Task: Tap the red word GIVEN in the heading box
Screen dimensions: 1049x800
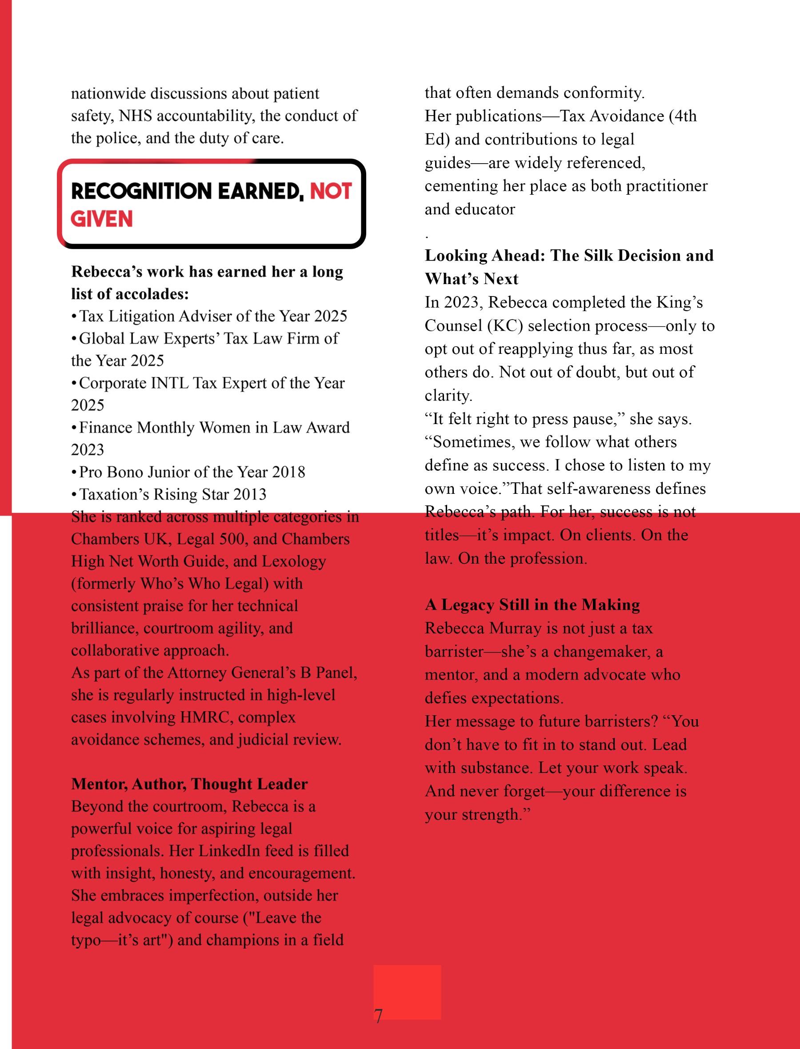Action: click(101, 219)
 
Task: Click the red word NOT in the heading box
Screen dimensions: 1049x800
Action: click(331, 191)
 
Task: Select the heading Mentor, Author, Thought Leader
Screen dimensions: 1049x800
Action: click(189, 784)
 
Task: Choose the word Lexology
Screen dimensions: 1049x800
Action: click(294, 561)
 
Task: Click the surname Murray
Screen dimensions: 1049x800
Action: click(516, 628)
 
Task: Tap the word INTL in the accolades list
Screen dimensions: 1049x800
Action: click(169, 383)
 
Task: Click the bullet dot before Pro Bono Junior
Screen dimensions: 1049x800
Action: click(74, 472)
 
